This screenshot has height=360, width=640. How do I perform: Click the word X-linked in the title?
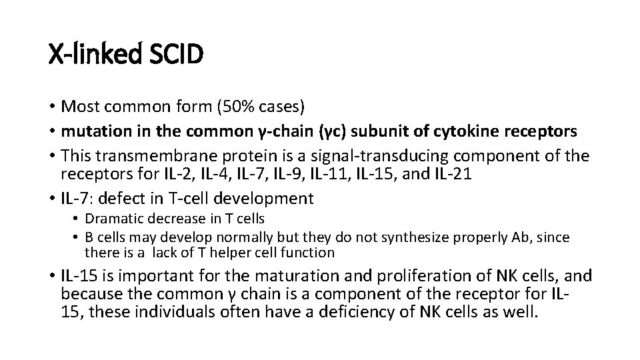94,53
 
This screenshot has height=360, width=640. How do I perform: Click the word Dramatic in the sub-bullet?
111,218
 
